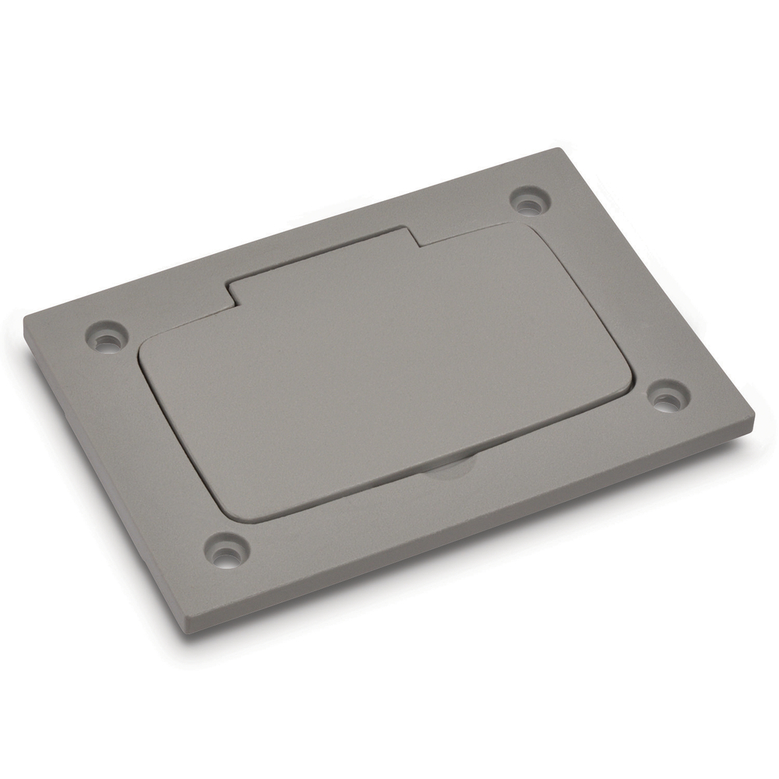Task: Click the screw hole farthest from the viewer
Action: [529, 200]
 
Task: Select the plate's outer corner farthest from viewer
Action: [559, 150]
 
